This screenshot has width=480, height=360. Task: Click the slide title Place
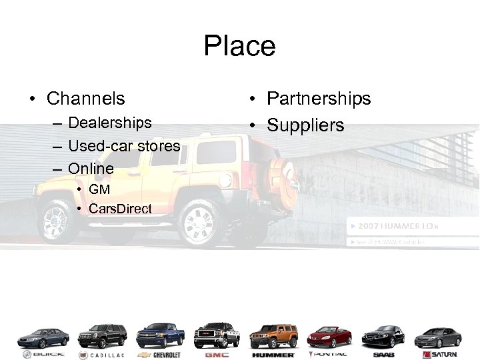point(239,46)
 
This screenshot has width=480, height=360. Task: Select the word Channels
point(85,99)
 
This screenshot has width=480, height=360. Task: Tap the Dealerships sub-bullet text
point(110,123)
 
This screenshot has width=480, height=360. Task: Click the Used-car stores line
point(124,145)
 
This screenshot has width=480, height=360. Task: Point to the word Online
point(91,168)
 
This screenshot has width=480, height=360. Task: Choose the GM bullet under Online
point(99,190)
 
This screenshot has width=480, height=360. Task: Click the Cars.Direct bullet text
point(120,209)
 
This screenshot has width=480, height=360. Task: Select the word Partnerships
point(319,99)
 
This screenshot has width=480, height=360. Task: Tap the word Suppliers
point(305,125)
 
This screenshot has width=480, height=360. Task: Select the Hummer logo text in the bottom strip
point(273,355)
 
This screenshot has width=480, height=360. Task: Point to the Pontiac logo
point(329,355)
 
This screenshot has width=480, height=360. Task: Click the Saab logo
point(386,355)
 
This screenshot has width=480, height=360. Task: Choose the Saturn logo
point(442,355)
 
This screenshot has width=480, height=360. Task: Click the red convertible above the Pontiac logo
point(329,337)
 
